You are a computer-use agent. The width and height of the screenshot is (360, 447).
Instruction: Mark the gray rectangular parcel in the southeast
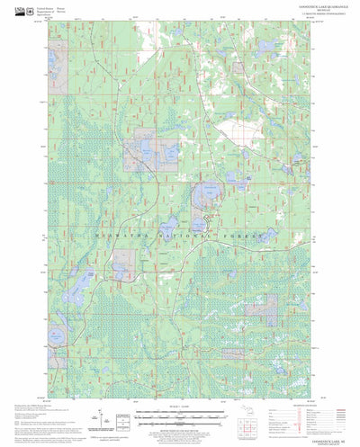click(x=261, y=308)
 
